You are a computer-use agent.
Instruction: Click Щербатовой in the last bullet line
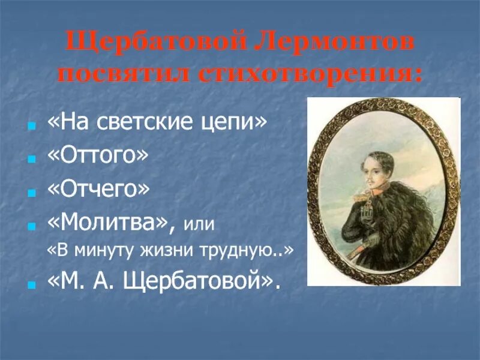(x=198, y=280)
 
